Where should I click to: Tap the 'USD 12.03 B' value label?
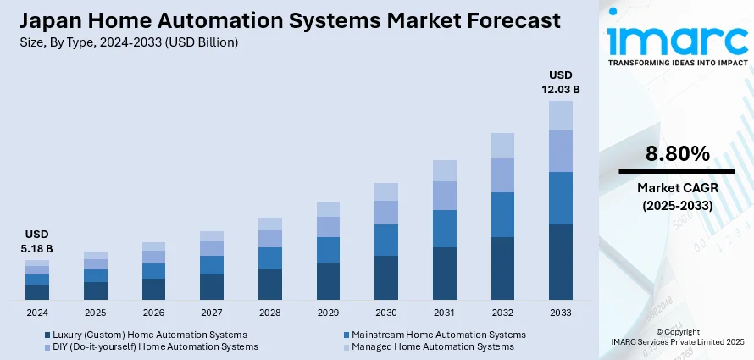pos(562,82)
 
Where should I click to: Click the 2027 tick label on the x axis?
pos(212,313)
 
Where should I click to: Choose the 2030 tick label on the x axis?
pos(386,313)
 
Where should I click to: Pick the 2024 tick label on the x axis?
pos(37,313)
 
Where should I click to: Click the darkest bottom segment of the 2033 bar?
pos(561,262)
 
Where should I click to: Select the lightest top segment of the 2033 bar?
pos(561,115)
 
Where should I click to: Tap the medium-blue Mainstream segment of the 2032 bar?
pos(502,214)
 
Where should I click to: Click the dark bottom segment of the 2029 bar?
pos(328,281)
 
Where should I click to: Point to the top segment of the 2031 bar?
pos(445,170)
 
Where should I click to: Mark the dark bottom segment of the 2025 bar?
pos(96,291)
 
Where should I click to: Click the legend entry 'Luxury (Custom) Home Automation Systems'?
pos(149,335)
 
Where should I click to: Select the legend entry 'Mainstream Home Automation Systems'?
pos(438,335)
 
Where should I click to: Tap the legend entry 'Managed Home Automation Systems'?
pos(432,346)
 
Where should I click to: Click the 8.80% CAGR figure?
pos(677,154)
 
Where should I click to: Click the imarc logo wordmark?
pos(676,41)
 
